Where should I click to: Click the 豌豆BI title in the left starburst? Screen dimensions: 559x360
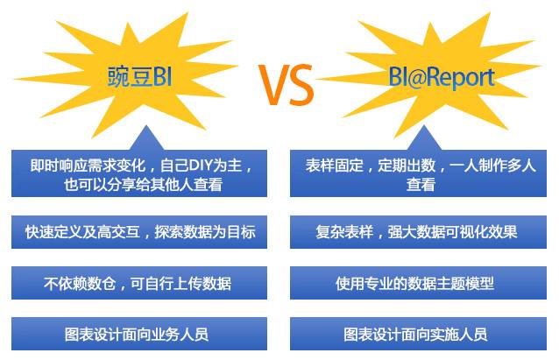point(139,76)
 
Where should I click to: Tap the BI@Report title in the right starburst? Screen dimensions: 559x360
point(442,77)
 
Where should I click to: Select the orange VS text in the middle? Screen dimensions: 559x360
point(286,85)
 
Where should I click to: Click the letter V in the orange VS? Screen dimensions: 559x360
point(272,85)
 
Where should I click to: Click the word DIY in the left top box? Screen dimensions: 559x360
point(202,166)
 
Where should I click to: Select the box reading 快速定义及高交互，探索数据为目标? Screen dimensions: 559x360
point(139,232)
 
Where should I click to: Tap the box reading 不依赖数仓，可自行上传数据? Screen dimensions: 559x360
point(139,283)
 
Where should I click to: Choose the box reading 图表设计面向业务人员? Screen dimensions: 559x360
point(139,334)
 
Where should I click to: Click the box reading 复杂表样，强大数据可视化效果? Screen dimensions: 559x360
point(418,232)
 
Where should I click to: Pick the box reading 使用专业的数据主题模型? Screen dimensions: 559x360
point(418,283)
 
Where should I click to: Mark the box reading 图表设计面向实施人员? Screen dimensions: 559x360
point(418,334)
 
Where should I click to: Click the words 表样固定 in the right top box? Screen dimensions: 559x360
point(334,166)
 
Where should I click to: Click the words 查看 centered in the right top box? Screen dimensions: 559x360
point(421,185)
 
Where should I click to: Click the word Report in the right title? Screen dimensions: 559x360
point(462,78)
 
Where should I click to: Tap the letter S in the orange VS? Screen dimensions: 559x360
point(301,85)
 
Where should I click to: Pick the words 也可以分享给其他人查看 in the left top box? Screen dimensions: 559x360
point(144,185)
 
